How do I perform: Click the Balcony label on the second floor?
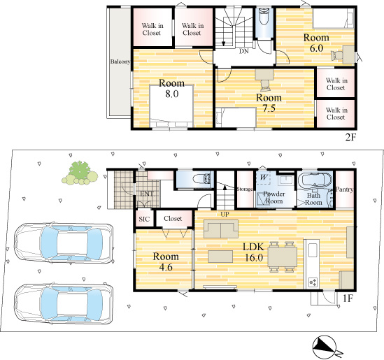(120, 62)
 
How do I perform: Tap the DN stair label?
(244, 51)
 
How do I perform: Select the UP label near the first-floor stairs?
(225, 215)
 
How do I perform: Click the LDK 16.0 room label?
(254, 252)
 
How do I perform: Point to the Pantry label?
(345, 189)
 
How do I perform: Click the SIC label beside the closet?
(144, 219)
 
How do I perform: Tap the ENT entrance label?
(146, 194)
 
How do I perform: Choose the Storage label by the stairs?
(245, 189)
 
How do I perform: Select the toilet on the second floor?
(264, 16)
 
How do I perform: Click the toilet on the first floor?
(201, 179)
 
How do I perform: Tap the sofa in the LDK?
(221, 229)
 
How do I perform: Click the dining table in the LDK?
(283, 257)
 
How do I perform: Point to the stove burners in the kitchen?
(313, 282)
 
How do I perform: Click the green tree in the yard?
(80, 173)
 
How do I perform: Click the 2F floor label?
(350, 138)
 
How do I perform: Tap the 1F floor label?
(348, 298)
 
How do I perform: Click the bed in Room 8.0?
(171, 106)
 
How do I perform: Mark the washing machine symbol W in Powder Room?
(263, 178)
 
